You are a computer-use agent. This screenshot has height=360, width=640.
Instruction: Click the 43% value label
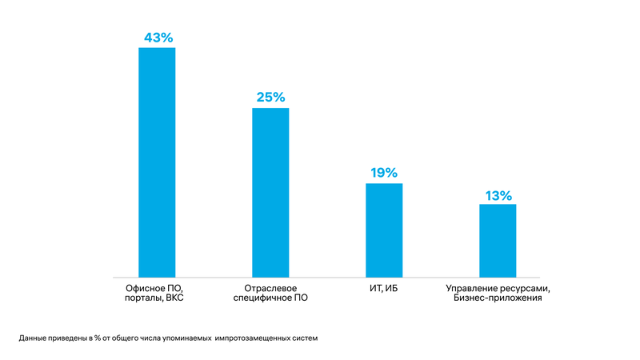coord(158,37)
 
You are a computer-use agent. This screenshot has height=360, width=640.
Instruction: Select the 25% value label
coord(270,98)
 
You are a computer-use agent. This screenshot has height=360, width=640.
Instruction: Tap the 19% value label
coord(383,173)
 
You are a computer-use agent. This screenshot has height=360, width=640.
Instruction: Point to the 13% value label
coord(498,195)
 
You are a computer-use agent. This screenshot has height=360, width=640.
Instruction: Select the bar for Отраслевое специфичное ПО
coord(270,192)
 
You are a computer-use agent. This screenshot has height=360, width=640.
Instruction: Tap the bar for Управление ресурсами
coord(498,240)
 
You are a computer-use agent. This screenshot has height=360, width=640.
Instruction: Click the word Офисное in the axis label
coord(145,287)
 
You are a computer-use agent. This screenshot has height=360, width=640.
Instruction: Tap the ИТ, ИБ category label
coord(384,287)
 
